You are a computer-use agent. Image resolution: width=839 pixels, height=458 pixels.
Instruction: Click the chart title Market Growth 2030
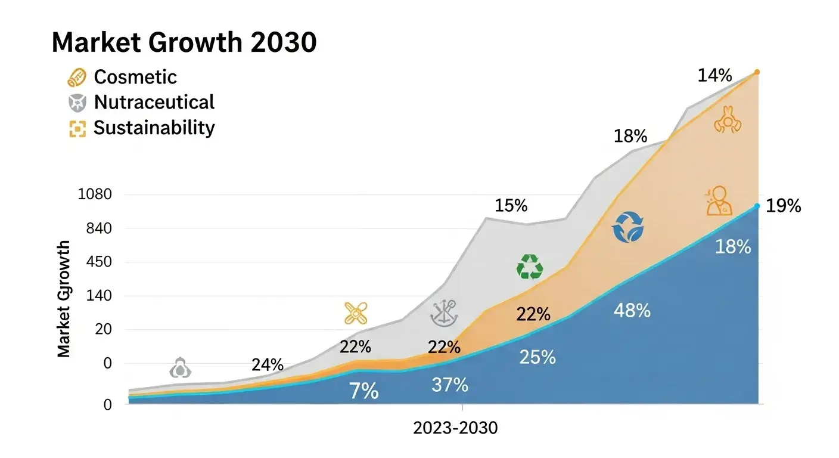pos(184,43)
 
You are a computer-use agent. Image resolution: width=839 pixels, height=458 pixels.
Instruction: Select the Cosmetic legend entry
pos(135,77)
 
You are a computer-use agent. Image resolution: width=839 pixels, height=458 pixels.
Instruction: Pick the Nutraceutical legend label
pos(154,102)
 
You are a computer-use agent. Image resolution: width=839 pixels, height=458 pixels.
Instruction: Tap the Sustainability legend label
pos(154,128)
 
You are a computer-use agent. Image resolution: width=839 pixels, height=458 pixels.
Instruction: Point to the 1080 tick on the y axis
pos(95,194)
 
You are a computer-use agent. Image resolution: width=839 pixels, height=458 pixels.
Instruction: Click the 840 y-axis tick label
pos(98,228)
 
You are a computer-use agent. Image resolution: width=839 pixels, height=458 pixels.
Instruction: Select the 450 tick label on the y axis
pos(98,262)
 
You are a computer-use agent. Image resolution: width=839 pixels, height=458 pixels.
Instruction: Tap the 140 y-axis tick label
pos(98,296)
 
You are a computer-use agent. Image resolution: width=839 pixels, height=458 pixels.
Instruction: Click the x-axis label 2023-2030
pos(455,428)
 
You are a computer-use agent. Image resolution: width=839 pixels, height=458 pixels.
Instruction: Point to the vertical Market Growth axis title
pos(64,298)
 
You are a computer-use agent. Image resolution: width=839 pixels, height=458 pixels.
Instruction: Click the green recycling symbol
pos(529,267)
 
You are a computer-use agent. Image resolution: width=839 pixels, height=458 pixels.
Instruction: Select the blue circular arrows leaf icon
pos(628,227)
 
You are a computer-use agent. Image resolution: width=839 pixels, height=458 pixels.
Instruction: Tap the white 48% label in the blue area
pos(632,310)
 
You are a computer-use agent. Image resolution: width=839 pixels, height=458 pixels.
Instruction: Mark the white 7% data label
pos(363,391)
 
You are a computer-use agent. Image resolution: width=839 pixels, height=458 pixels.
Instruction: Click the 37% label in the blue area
pos(449,385)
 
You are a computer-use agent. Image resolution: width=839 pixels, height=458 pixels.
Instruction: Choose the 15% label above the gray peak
pos(511,206)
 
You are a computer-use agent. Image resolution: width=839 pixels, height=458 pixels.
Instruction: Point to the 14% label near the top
pos(714,76)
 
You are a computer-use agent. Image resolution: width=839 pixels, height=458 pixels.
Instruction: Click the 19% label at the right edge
pos(783,206)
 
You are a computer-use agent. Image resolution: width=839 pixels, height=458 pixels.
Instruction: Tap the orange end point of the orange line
pos(757,72)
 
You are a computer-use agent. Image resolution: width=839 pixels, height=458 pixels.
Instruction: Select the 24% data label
pos(267,365)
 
